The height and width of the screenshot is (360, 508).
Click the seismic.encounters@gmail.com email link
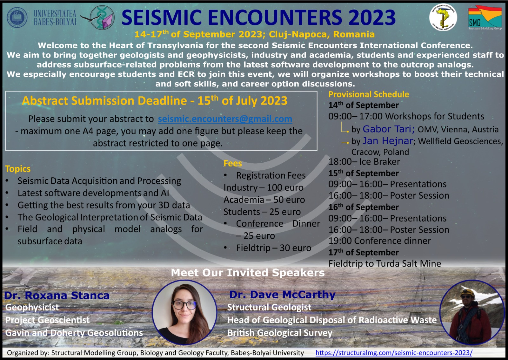tap(225, 119)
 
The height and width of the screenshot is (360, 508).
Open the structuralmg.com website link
tap(394, 352)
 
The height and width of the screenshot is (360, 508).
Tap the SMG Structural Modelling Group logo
tap(485, 18)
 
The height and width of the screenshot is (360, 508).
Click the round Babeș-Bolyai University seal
tap(17, 17)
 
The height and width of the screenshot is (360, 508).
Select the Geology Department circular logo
tap(443, 17)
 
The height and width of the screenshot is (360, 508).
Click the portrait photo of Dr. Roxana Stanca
tap(184, 312)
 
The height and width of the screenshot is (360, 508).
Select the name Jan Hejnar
tap(388, 141)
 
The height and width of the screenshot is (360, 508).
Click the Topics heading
tap(18, 169)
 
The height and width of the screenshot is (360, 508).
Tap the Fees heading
tap(233, 163)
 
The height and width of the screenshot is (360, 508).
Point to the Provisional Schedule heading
tap(369, 94)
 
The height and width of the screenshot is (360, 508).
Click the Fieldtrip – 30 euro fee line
tap(273, 248)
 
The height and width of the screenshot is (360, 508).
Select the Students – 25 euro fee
tap(262, 212)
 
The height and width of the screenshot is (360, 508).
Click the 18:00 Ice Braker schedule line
tap(364, 162)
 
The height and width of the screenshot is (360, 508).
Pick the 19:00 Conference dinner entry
tap(380, 241)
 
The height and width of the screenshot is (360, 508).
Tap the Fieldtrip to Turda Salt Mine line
tap(384, 263)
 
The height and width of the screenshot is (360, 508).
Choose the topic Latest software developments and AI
tap(93, 193)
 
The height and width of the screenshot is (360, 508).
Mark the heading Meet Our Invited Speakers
tap(248, 273)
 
